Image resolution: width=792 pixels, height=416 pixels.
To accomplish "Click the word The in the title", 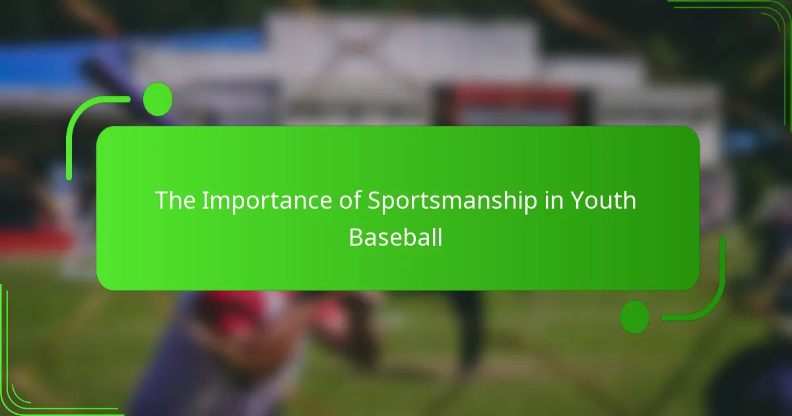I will point(174,201).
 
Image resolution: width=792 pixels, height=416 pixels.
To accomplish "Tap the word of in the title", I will point(345,201).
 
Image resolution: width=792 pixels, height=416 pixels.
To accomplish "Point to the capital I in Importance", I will point(205,201).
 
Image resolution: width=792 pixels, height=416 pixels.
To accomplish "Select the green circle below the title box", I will point(635,316).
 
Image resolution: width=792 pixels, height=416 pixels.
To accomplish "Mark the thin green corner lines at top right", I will point(772,20).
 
